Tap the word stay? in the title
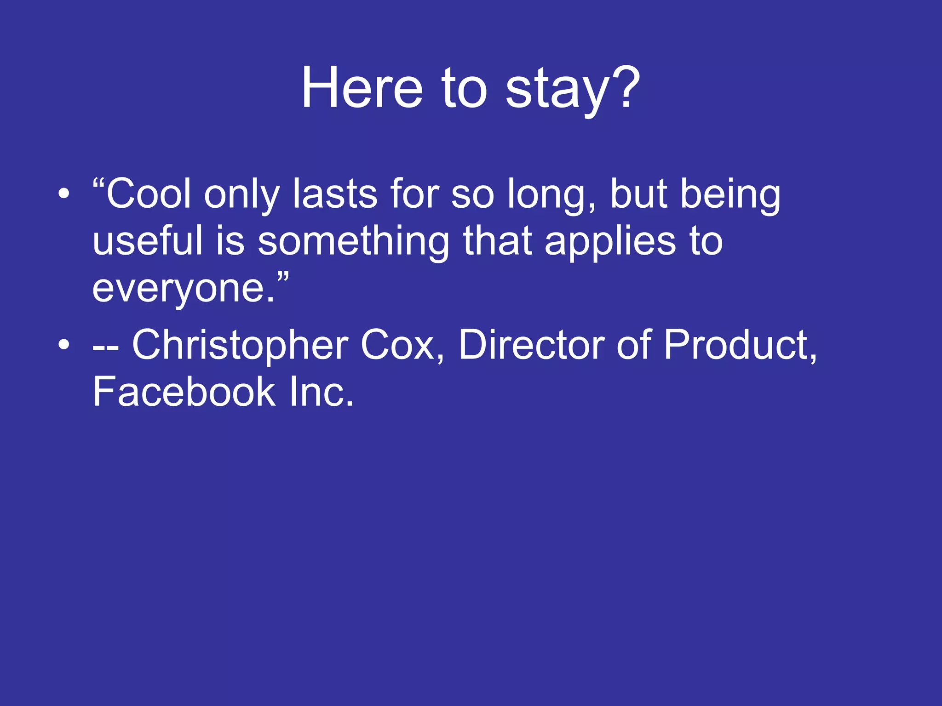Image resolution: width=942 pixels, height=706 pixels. (572, 88)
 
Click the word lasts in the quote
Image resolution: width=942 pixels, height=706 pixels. (335, 194)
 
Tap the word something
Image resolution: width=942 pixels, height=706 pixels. (353, 242)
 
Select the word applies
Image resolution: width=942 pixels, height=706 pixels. (610, 242)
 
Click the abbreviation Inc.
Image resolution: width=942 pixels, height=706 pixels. (322, 392)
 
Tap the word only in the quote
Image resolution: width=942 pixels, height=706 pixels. (241, 195)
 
